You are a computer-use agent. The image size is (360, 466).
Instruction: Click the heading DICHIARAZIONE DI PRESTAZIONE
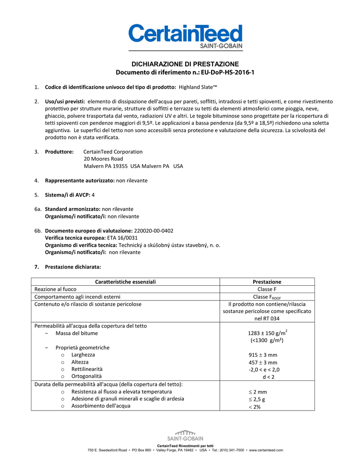[185, 64]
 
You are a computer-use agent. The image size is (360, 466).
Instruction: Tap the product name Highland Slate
[198, 86]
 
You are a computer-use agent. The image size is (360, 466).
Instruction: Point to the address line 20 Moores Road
[103, 159]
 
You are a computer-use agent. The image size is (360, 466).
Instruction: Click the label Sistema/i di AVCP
[67, 195]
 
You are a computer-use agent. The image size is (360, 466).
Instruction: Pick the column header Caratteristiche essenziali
[125, 282]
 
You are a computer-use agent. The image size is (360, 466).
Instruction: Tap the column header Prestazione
[267, 282]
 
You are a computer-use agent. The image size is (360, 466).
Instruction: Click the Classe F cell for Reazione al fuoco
[267, 289]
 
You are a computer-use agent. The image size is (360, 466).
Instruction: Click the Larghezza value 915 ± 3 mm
[267, 355]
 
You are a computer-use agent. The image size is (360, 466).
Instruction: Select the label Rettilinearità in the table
[87, 369]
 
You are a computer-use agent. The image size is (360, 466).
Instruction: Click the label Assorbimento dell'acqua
[101, 406]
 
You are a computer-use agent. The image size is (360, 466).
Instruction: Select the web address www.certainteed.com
[266, 451]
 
